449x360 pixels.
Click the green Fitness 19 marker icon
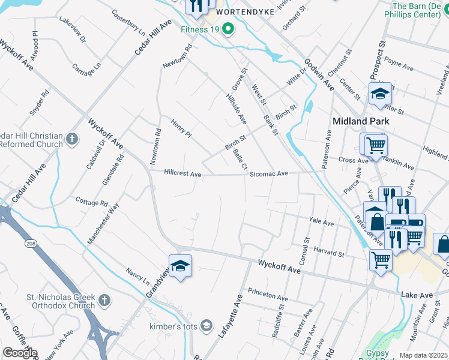[x=228, y=29]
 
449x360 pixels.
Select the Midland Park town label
[x=361, y=121]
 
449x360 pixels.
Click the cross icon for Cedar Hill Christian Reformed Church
[x=72, y=140]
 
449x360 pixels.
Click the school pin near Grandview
[x=180, y=266]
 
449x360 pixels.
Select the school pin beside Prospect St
[x=380, y=94]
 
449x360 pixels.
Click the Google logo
[x=20, y=353]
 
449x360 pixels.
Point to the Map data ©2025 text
[x=423, y=355]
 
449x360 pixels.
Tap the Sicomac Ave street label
[x=269, y=173]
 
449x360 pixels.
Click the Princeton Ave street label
[x=268, y=296]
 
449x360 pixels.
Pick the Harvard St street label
[x=328, y=254]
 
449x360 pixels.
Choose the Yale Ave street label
[x=321, y=223]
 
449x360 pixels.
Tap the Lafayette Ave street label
[x=231, y=316]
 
